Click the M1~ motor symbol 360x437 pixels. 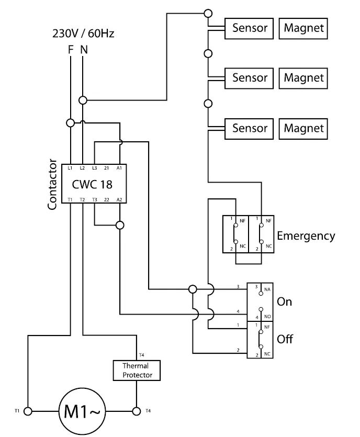(x=82, y=411)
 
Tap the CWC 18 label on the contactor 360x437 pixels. (x=92, y=184)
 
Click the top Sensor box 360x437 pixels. (x=250, y=28)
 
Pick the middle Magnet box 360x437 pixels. (x=303, y=78)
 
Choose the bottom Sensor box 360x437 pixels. (x=250, y=128)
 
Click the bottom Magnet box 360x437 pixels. (x=303, y=128)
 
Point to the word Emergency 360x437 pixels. (x=306, y=236)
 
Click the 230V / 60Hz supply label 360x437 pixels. (x=83, y=33)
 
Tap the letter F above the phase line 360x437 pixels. (x=71, y=50)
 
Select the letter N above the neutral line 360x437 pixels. (x=84, y=50)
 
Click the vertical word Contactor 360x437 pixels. (x=52, y=184)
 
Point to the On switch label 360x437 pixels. (x=284, y=302)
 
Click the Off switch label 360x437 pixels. (x=285, y=339)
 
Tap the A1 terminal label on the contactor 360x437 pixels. (x=119, y=168)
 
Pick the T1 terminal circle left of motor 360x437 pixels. (x=28, y=411)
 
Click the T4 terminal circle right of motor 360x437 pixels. (x=137, y=411)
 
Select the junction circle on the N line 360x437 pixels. (x=83, y=99)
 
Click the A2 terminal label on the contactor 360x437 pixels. (x=119, y=200)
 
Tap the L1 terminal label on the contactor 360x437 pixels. (x=70, y=168)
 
